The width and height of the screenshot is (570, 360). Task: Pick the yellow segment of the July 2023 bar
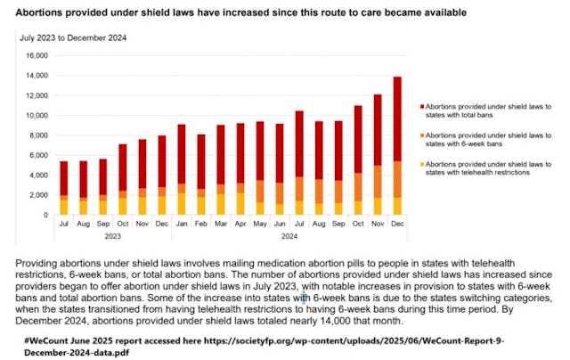(64, 206)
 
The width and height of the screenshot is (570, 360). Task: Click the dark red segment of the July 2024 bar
(300, 143)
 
